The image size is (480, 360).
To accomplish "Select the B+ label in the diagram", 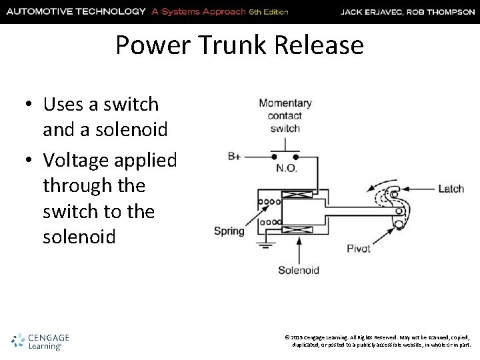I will (x=235, y=157).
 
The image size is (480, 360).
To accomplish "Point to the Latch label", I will (x=451, y=189).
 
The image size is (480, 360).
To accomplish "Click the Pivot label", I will (x=359, y=249).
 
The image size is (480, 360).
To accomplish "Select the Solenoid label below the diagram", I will (x=298, y=270).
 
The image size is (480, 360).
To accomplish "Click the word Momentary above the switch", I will (x=285, y=103).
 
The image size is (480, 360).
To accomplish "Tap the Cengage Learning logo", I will (x=39, y=341).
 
